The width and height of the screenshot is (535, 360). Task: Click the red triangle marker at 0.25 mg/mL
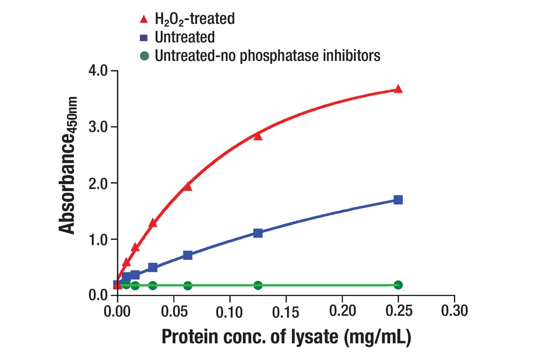pyautogui.click(x=398, y=89)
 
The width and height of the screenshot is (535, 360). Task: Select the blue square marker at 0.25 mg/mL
pyautogui.click(x=398, y=200)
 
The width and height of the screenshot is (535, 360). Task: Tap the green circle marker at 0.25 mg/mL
pyautogui.click(x=398, y=285)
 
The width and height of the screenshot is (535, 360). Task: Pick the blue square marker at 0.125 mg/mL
pyautogui.click(x=258, y=233)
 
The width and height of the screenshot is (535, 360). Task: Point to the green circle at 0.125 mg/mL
pyautogui.click(x=258, y=285)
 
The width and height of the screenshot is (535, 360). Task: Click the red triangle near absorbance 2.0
pyautogui.click(x=188, y=187)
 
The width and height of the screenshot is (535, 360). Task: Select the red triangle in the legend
pyautogui.click(x=145, y=19)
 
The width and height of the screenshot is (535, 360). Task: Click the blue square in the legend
pyautogui.click(x=145, y=37)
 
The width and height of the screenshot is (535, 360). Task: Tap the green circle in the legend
pyautogui.click(x=145, y=56)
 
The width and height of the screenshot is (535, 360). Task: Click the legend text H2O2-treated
pyautogui.click(x=195, y=19)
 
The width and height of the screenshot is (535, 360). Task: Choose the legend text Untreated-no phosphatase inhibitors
pyautogui.click(x=267, y=56)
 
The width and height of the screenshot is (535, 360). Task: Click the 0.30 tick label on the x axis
pyautogui.click(x=454, y=311)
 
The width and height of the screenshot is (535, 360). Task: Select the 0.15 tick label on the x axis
pyautogui.click(x=286, y=311)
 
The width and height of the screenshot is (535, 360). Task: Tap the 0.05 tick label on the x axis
pyautogui.click(x=174, y=311)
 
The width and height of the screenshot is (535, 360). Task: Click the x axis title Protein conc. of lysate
pyautogui.click(x=286, y=338)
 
